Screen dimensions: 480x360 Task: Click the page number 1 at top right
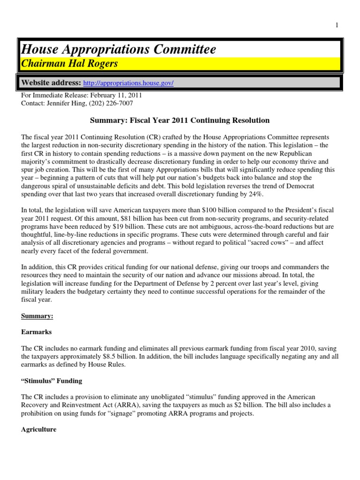coord(337,25)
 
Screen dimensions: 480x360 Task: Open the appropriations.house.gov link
coord(128,83)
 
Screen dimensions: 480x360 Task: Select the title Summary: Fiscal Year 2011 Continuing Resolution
coord(180,120)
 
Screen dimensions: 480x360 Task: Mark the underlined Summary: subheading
coord(37,316)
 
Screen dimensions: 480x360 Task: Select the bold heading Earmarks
coord(37,332)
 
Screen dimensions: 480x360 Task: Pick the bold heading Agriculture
coord(39,429)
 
